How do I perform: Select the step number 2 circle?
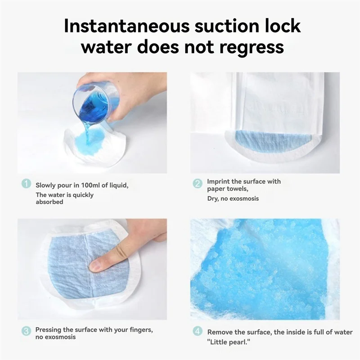click(x=198, y=184)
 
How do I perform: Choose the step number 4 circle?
click(x=198, y=331)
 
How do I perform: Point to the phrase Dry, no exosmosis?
click(x=233, y=198)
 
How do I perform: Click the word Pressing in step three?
click(x=48, y=329)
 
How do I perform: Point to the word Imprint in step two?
click(x=218, y=181)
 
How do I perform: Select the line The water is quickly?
click(x=65, y=195)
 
